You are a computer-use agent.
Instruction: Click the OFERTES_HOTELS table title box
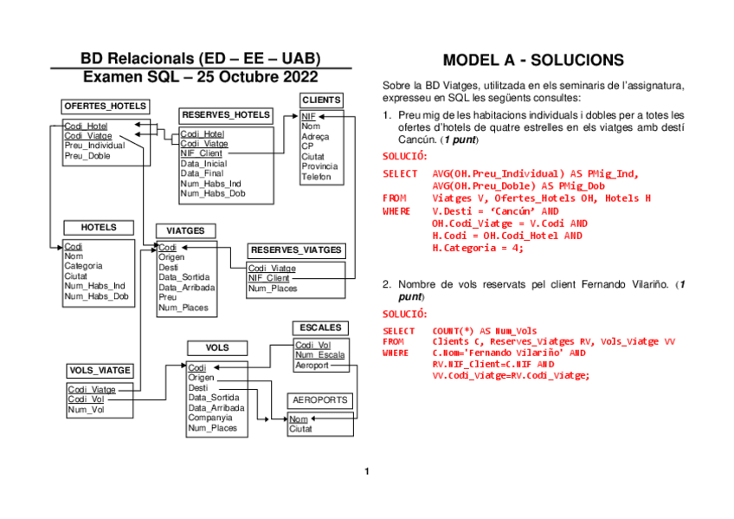(x=105, y=106)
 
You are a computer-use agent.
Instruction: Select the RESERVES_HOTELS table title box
(x=226, y=114)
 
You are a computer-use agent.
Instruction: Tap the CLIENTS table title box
(x=321, y=100)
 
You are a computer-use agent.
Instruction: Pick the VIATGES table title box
(x=185, y=230)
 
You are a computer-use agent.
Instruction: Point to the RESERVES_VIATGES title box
(x=297, y=250)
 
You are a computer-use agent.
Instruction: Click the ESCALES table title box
(x=321, y=328)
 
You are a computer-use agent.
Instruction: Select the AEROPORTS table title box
(x=320, y=400)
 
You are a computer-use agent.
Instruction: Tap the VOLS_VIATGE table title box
(x=100, y=370)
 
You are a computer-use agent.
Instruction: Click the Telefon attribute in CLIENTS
(x=316, y=177)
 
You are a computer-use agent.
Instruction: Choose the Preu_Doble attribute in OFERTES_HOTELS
(x=87, y=156)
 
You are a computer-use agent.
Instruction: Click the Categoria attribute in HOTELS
(x=83, y=266)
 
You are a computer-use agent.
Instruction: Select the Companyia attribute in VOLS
(x=210, y=418)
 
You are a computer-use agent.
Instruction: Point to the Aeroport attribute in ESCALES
(x=312, y=366)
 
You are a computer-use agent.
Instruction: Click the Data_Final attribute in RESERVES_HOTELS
(x=203, y=173)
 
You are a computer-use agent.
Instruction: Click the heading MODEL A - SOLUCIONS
(x=532, y=61)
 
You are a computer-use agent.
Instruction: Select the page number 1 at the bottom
(x=366, y=471)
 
